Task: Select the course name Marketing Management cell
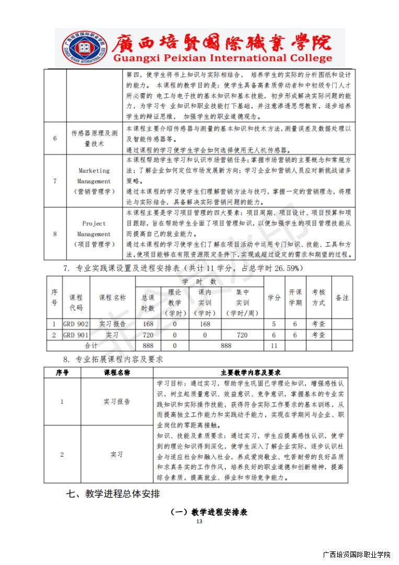point(94,181)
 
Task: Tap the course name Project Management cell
point(94,234)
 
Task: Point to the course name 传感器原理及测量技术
point(94,138)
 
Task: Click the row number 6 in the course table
point(55,138)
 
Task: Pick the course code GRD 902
point(76,324)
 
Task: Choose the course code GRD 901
point(76,335)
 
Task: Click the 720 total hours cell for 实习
point(148,335)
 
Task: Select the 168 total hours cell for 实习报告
point(148,324)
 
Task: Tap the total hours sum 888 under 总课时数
point(148,346)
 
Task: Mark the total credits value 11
point(273,346)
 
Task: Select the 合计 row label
point(91,346)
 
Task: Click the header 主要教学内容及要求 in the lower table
point(251,372)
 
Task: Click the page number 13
point(199,522)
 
